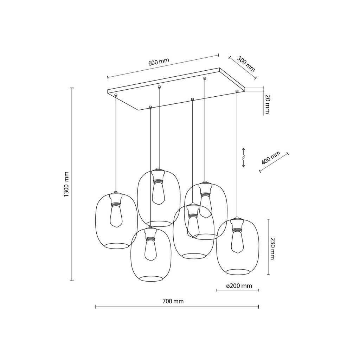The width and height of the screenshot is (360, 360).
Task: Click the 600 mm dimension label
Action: (159, 62)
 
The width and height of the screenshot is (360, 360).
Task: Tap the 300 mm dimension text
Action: (245, 63)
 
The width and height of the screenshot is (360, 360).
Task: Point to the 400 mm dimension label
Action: (271, 158)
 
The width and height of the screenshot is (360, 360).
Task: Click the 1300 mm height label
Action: (66, 184)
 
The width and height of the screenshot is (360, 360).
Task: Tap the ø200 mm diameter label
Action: (239, 286)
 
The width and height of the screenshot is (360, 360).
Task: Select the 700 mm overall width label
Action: (173, 301)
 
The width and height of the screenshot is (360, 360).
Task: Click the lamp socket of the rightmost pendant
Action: (237, 224)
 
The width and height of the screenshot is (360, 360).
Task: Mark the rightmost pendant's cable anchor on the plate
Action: (237, 91)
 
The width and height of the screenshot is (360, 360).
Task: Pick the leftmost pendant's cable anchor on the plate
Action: (116, 95)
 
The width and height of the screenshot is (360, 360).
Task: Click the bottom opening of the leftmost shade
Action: (116, 245)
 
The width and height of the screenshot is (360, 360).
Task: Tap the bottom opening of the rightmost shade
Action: (238, 272)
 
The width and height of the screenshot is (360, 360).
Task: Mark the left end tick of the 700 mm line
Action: (96, 307)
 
